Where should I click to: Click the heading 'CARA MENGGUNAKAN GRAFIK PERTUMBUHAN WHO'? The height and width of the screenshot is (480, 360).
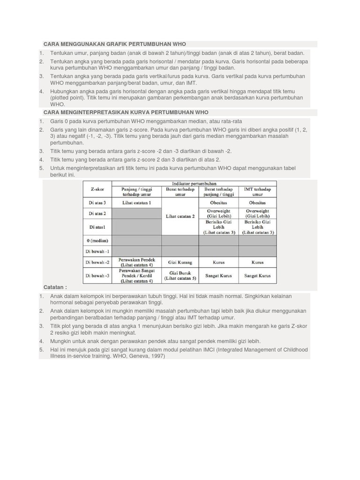pos(114,44)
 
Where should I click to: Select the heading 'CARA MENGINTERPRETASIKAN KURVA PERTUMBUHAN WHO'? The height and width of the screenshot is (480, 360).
pos(126,112)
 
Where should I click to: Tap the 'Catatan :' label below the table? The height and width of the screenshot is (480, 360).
pos(55,287)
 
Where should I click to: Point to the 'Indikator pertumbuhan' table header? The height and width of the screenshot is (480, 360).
pos(194,184)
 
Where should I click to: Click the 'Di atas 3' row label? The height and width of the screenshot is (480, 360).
pos(97,203)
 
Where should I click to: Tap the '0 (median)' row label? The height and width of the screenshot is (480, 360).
pos(97,240)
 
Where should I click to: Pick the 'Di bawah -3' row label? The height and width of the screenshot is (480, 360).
pos(97,276)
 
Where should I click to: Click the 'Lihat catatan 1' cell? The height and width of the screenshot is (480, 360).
pos(136,203)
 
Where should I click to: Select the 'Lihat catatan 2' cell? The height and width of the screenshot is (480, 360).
pos(180,216)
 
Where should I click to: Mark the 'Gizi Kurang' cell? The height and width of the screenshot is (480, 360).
pos(180,262)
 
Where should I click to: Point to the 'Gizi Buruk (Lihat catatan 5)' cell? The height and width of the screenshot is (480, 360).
pos(180,276)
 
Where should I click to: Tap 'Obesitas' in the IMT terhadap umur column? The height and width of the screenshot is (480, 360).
pos(257,203)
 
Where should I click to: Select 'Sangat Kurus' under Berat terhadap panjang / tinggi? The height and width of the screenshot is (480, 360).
pos(218,276)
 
